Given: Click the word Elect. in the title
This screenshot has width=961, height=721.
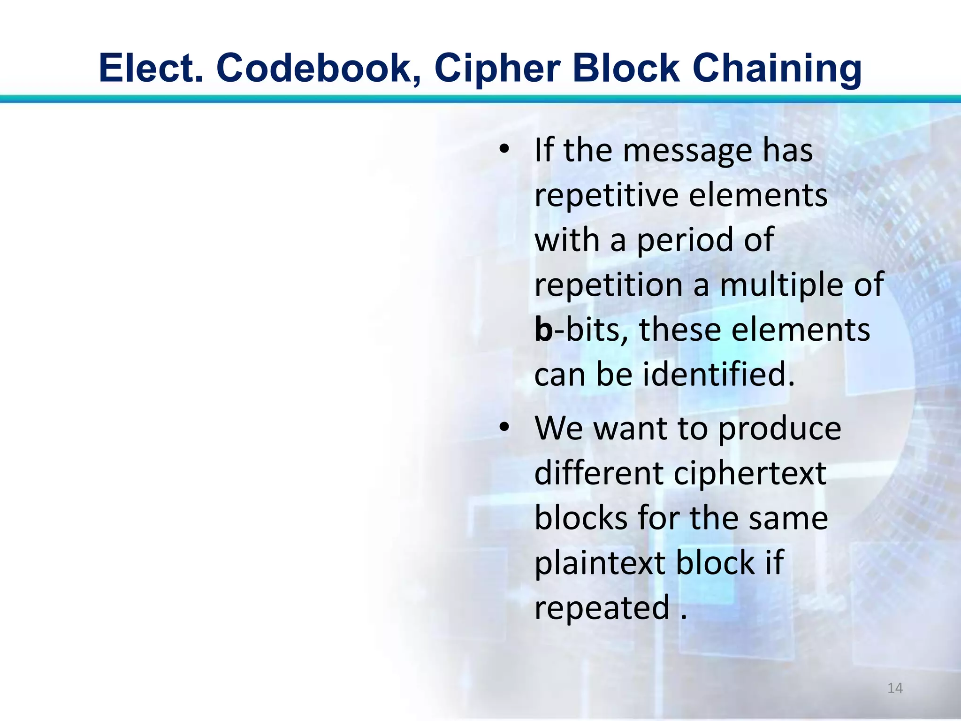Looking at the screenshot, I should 152,68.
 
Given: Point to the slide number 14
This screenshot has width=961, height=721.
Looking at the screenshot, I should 895,688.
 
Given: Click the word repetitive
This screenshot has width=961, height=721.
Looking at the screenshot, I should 606,195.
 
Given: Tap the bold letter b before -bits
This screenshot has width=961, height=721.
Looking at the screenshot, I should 544,330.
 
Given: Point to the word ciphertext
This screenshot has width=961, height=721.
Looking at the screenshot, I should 750,473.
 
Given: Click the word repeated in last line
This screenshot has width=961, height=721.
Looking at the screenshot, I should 602,607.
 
